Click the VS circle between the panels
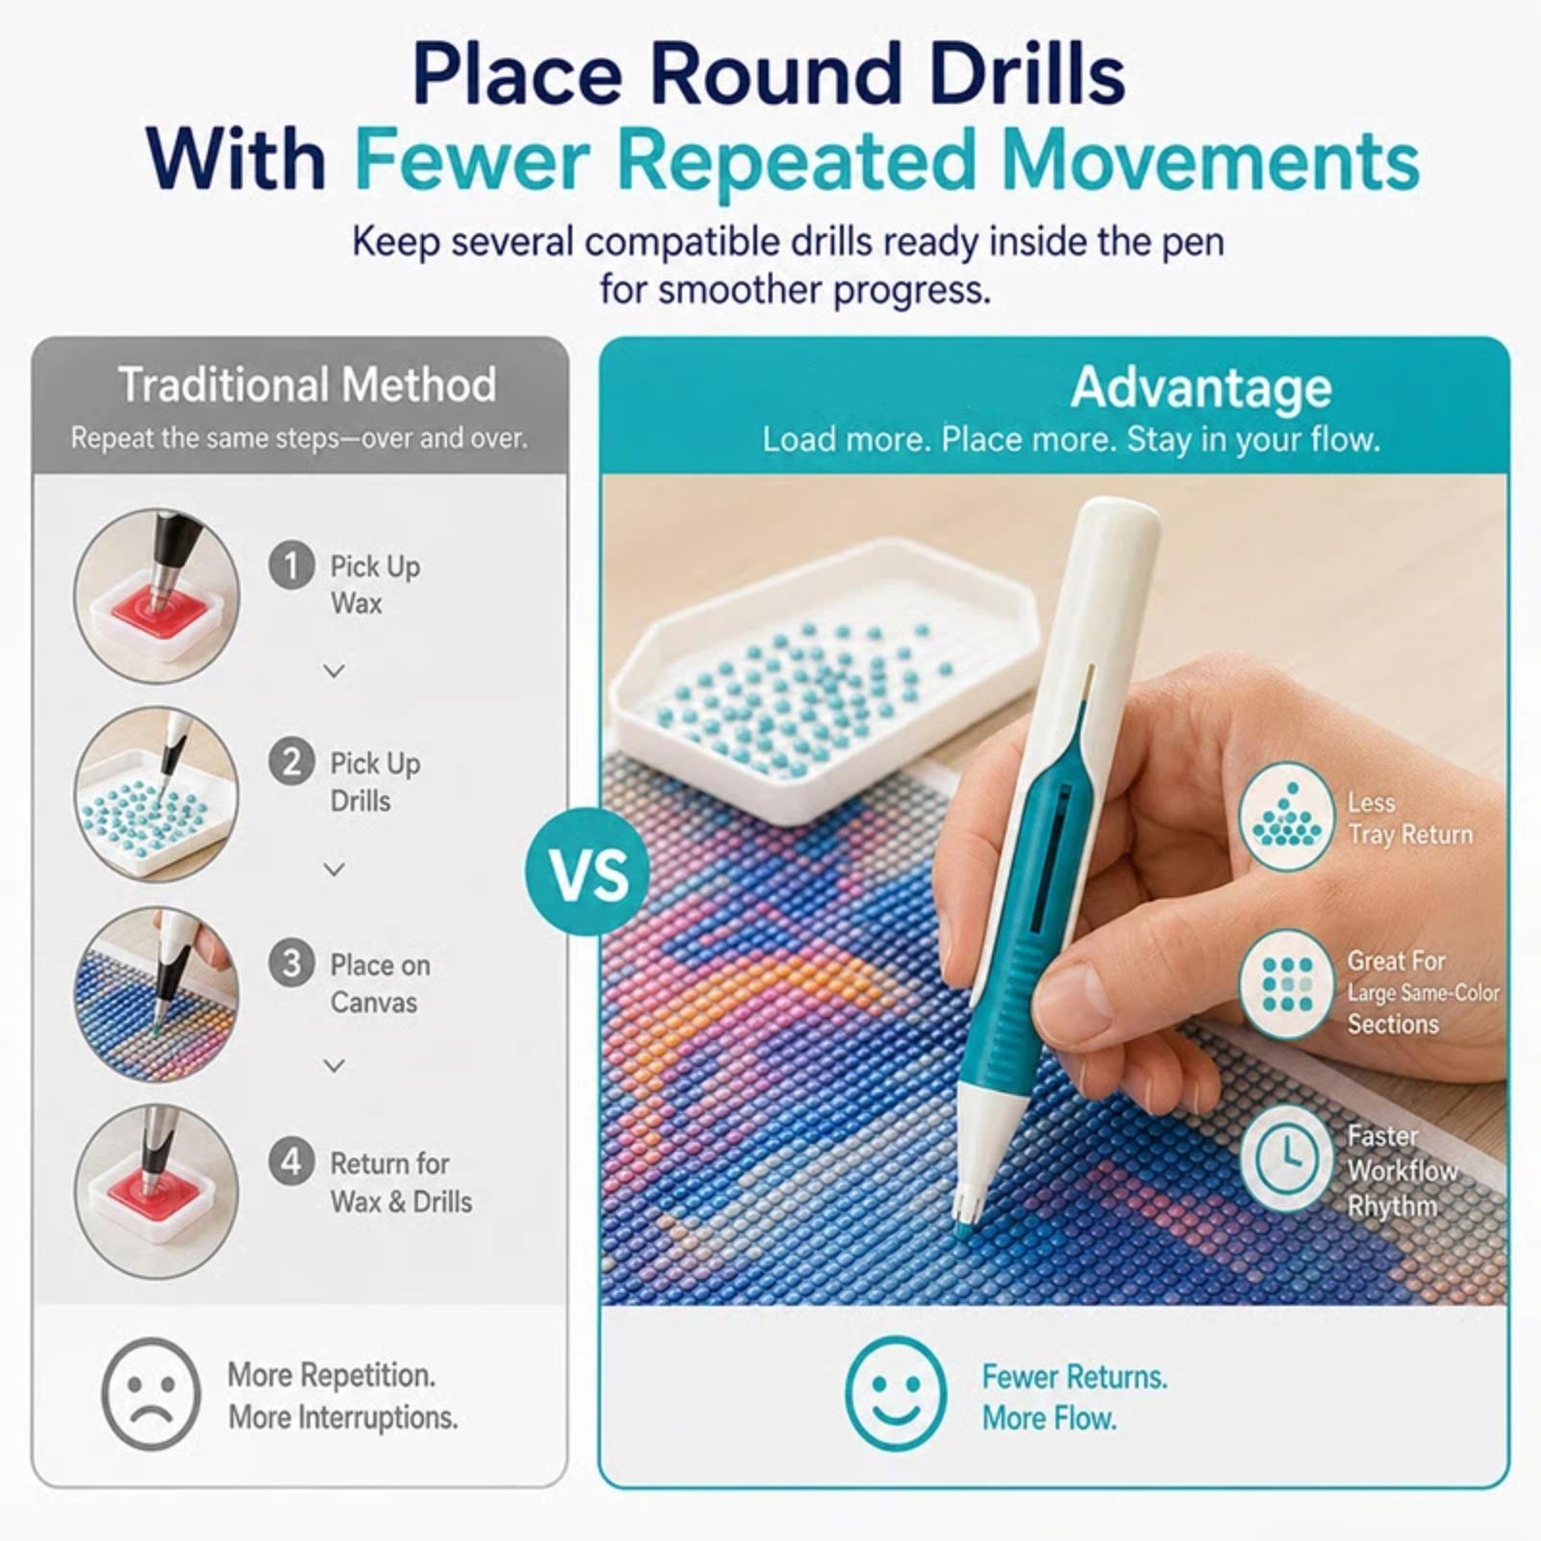pyautogui.click(x=588, y=873)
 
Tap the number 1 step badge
pyautogui.click(x=291, y=565)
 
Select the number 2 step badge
pyautogui.click(x=291, y=762)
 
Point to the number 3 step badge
pyautogui.click(x=291, y=962)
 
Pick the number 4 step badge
pyautogui.click(x=291, y=1162)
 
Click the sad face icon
pyautogui.click(x=151, y=1394)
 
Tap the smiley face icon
pyautogui.click(x=895, y=1393)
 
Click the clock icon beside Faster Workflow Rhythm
pyautogui.click(x=1287, y=1158)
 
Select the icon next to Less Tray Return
pyautogui.click(x=1287, y=817)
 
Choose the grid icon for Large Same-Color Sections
pyautogui.click(x=1287, y=984)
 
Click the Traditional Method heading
pyautogui.click(x=307, y=384)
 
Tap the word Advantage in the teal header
pyautogui.click(x=1201, y=388)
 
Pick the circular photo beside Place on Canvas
pyautogui.click(x=157, y=993)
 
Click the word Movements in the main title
pyautogui.click(x=1211, y=160)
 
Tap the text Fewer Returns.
pyautogui.click(x=1074, y=1377)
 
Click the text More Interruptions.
pyautogui.click(x=343, y=1418)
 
